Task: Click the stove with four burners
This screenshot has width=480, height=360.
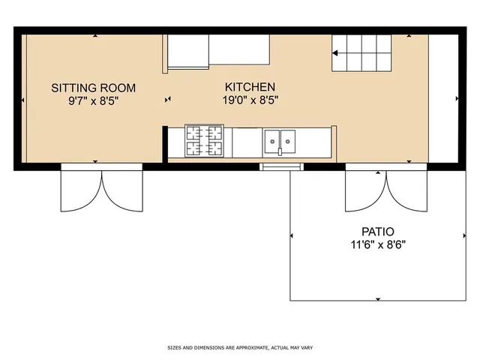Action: (x=205, y=141)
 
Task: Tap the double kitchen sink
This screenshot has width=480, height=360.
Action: (x=279, y=139)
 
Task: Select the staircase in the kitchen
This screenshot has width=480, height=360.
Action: (x=362, y=52)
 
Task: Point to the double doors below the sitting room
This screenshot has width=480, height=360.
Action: (x=101, y=187)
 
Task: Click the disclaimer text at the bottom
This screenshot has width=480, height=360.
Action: (x=240, y=347)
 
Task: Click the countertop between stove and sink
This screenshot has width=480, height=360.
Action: (x=246, y=142)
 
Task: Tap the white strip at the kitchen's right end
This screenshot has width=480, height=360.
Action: (x=442, y=97)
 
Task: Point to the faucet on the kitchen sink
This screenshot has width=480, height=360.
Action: (x=279, y=151)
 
